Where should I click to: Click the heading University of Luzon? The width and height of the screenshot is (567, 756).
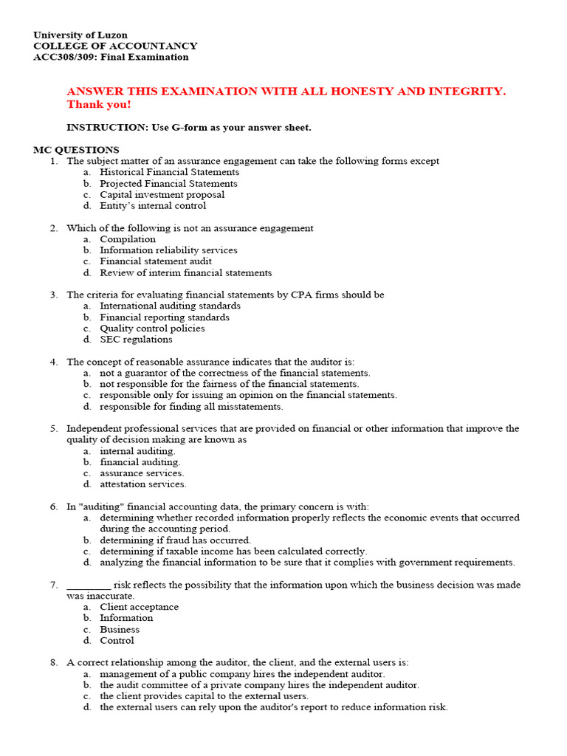pyautogui.click(x=80, y=35)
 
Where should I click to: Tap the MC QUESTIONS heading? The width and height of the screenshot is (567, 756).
pyautogui.click(x=76, y=150)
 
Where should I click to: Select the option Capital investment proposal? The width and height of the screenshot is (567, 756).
pyautogui.click(x=162, y=195)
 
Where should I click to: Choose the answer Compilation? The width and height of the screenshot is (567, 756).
pyautogui.click(x=128, y=239)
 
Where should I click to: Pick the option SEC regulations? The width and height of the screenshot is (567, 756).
pyautogui.click(x=136, y=340)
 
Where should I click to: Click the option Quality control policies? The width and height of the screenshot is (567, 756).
pyautogui.click(x=152, y=329)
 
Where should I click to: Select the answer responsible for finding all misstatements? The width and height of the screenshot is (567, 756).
pyautogui.click(x=191, y=406)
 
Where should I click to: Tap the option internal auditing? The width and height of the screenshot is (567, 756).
pyautogui.click(x=137, y=451)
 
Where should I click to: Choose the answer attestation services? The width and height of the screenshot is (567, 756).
pyautogui.click(x=143, y=484)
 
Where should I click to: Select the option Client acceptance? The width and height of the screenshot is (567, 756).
pyautogui.click(x=139, y=607)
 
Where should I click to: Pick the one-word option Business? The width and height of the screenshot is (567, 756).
pyautogui.click(x=120, y=630)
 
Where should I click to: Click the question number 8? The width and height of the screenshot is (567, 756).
pyautogui.click(x=55, y=663)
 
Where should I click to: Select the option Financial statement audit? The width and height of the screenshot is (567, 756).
pyautogui.click(x=156, y=261)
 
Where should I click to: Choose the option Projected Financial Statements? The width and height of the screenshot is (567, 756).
pyautogui.click(x=168, y=184)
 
